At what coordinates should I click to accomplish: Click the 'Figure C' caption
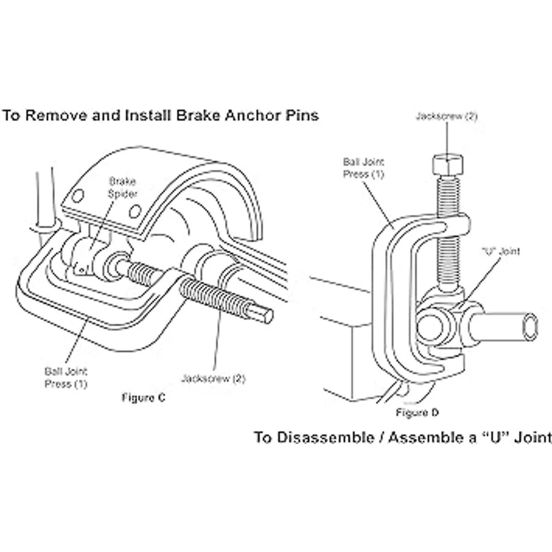[x=143, y=397]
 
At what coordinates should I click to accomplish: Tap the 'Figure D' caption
[x=417, y=413]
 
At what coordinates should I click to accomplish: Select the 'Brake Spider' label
[x=122, y=187]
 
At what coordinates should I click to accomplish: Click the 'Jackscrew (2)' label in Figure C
[x=213, y=379]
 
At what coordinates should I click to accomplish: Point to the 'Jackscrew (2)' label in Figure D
[x=446, y=116]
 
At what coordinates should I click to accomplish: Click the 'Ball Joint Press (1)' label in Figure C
[x=66, y=377]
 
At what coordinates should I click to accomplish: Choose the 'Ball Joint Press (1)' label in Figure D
[x=363, y=168]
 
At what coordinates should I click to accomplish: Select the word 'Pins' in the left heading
[x=300, y=115]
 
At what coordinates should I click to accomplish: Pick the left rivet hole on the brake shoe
[x=77, y=196]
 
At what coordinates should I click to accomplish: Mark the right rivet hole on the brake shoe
[x=134, y=212]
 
